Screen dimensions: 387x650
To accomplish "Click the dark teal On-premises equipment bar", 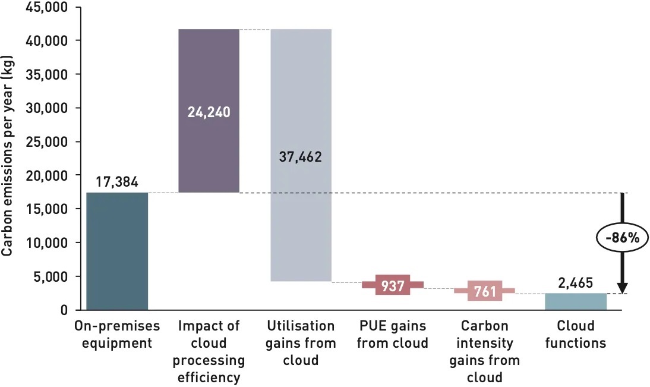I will click(x=117, y=251).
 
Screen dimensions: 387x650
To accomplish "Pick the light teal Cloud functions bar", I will click(x=576, y=301).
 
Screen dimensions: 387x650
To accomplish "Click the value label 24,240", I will click(x=209, y=112).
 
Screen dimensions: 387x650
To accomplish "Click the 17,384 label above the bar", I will click(x=117, y=182).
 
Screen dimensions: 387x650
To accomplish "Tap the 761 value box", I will click(x=484, y=291).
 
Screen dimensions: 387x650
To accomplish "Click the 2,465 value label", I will click(x=576, y=283).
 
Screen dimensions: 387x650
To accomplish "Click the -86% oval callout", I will click(x=621, y=238).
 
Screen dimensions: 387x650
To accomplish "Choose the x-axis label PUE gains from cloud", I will click(x=392, y=335).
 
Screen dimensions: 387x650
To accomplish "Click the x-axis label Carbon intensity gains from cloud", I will click(x=484, y=351).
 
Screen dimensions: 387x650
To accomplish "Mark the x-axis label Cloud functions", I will click(x=576, y=335).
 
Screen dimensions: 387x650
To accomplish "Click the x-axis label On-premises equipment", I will click(x=117, y=335).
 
